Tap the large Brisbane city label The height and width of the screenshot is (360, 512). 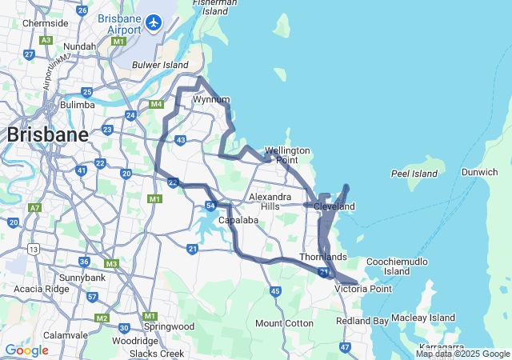tap(47, 134)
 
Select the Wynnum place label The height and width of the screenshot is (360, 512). tap(211, 99)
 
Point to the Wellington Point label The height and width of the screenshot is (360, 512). tap(287, 155)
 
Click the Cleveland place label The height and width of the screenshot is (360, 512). tap(334, 206)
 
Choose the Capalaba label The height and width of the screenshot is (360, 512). tap(241, 219)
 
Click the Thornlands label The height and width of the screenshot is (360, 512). tap(323, 257)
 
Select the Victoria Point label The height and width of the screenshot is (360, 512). tap(363, 289)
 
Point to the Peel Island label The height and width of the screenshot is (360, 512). tap(414, 174)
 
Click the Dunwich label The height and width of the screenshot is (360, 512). tap(480, 172)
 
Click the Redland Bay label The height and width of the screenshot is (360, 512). tap(362, 321)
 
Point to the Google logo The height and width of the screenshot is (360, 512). tap(26, 350)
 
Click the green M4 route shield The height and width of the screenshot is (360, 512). tap(156, 104)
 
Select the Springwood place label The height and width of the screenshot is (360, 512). tap(169, 326)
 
